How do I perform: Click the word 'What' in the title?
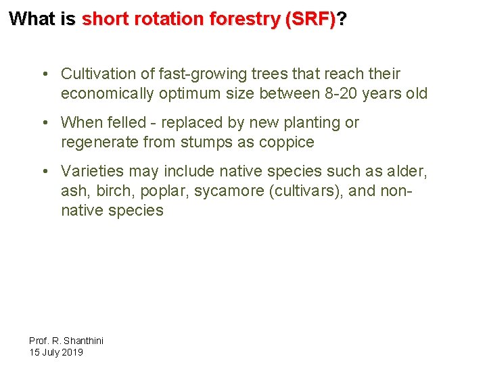tap(33, 19)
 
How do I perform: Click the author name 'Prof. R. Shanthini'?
tap(66, 341)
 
